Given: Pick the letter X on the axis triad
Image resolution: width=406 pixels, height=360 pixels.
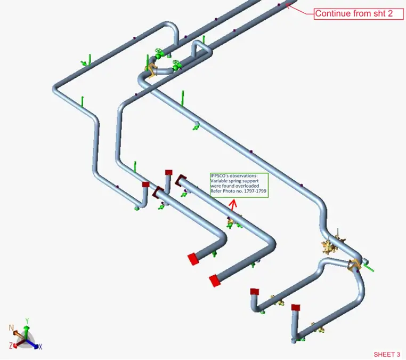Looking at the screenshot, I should click(x=40, y=347).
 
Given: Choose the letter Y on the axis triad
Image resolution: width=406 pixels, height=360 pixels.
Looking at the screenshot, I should click(x=27, y=321).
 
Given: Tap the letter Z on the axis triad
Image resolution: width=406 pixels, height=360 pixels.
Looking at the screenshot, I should click(x=10, y=346).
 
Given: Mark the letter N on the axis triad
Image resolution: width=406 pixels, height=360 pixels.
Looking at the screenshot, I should click(x=11, y=327).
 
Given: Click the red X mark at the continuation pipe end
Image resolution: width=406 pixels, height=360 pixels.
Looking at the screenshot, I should click(x=288, y=6).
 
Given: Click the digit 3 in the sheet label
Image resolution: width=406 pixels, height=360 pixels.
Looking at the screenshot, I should click(x=398, y=355).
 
